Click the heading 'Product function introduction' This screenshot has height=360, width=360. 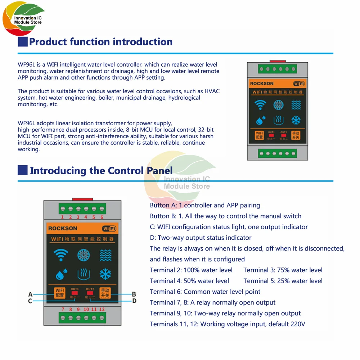click(x=100, y=42)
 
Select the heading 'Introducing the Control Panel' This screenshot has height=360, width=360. click(x=101, y=170)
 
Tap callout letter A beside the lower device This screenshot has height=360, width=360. click(x=30, y=294)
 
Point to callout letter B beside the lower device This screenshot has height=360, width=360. click(x=134, y=294)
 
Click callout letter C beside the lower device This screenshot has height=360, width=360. click(x=30, y=301)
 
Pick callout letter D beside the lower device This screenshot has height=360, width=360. click(x=134, y=301)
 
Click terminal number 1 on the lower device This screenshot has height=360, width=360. click(x=62, y=217)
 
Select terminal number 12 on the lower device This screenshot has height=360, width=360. click(x=102, y=309)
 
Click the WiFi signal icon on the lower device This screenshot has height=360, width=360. click(x=60, y=255)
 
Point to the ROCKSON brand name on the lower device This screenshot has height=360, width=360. click(x=63, y=228)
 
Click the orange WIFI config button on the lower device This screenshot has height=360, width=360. click(x=60, y=293)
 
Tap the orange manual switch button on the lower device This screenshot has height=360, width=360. click(x=105, y=293)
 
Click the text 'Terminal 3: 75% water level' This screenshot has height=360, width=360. click(x=283, y=270)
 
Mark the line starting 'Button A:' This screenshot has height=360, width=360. click(x=205, y=205)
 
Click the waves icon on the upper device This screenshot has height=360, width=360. click(x=296, y=105)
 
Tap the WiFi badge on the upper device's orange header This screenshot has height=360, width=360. click(x=299, y=84)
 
